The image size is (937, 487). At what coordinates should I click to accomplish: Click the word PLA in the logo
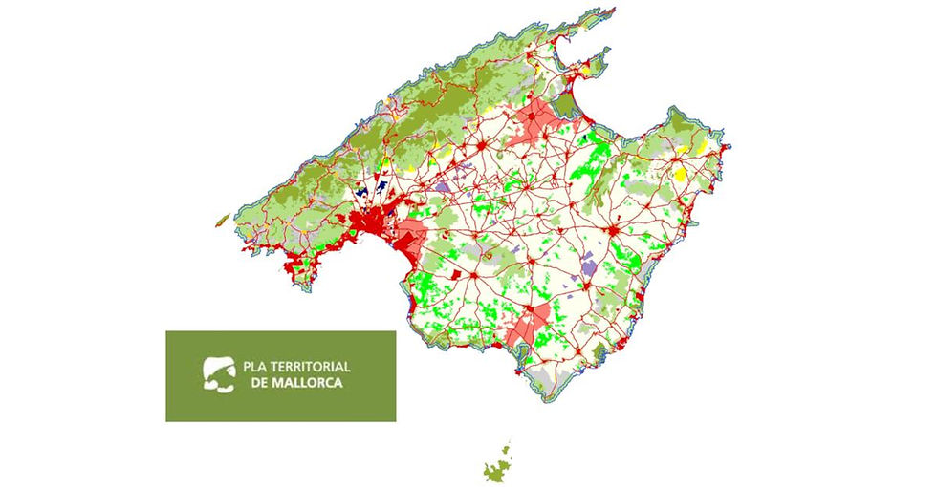point(256,367)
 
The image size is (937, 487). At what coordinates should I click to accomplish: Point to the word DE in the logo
point(258,382)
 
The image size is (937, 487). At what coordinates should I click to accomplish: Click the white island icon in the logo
point(217,373)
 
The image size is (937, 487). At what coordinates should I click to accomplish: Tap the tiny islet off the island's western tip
point(222,220)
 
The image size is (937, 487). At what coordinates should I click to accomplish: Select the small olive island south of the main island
point(498,466)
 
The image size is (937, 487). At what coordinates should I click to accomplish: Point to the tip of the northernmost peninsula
point(613,11)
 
